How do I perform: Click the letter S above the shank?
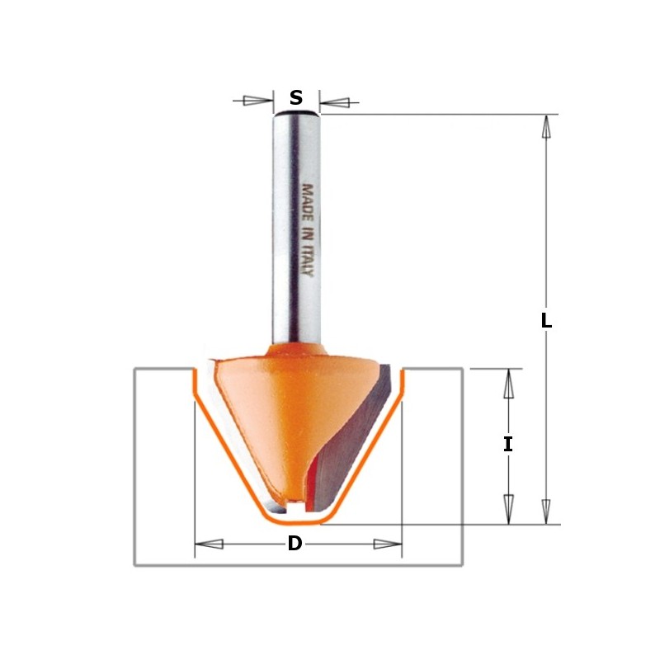pos(296,99)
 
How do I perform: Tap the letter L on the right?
pos(546,322)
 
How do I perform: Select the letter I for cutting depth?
pos(508,445)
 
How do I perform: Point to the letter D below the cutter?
pos(295,544)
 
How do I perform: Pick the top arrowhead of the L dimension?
pos(545,128)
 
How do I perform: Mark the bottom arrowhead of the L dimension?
pos(545,510)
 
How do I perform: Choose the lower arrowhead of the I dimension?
pos(508,508)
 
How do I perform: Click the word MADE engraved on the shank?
pos(307,200)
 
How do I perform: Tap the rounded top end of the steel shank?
pos(296,115)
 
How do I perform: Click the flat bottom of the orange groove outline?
pos(297,521)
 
